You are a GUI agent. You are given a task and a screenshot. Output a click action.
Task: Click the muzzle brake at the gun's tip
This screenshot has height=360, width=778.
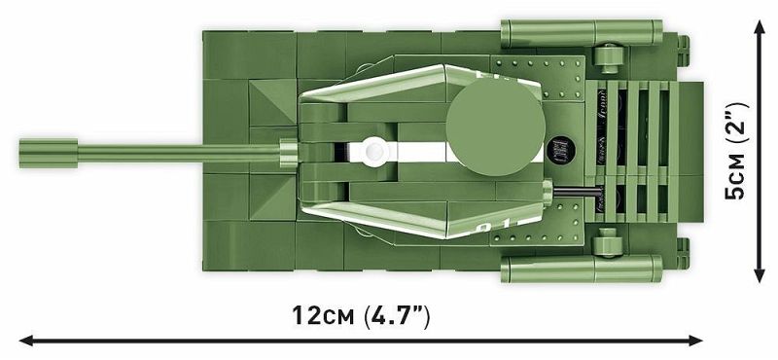tap(49, 154)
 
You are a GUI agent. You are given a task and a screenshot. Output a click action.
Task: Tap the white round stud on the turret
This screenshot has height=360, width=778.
tap(374, 152)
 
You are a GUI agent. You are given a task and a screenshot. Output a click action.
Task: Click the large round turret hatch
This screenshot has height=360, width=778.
tap(495, 126)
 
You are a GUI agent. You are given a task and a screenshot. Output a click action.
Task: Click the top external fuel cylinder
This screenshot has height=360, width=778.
tap(582, 33)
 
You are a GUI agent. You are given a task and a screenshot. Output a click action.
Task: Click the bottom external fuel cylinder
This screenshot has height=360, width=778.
tap(582, 269)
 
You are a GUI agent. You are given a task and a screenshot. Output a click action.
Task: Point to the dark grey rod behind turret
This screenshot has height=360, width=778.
tap(575, 192)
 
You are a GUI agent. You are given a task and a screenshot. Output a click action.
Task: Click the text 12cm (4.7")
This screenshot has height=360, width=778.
tap(361, 315)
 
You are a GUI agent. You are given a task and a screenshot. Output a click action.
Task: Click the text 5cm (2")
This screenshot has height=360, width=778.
tap(735, 151)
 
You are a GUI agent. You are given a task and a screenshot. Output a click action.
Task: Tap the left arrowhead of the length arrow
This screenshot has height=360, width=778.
tap(26, 341)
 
